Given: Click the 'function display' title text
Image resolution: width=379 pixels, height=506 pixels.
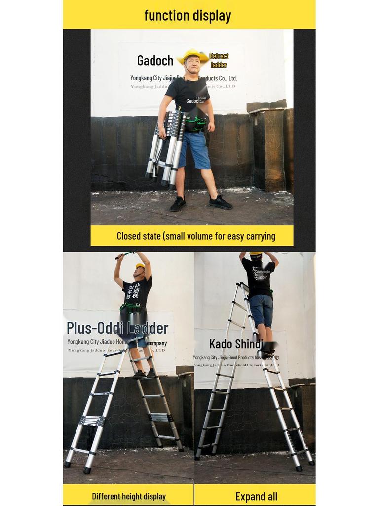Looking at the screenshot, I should point(188,15).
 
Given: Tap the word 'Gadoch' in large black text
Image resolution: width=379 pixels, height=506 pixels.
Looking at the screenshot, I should point(155,61).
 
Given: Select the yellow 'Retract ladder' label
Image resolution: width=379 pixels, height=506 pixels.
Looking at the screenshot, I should point(219,60).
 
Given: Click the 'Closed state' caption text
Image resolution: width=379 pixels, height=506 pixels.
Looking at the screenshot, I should point(196,236).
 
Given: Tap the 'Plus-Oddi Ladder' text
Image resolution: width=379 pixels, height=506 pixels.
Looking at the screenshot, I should point(117,328).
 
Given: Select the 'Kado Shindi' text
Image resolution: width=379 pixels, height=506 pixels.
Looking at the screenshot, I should point(235,344).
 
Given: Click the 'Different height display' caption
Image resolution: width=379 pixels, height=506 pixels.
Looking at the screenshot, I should point(129,496).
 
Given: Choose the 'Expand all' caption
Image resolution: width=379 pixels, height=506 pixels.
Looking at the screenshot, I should point(256,496).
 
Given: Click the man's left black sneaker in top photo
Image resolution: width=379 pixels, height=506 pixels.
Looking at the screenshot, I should point(220,202).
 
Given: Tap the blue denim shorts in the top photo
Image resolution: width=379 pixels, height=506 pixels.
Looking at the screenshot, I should point(194,149).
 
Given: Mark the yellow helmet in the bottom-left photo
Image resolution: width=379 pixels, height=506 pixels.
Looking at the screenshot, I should point(141,266).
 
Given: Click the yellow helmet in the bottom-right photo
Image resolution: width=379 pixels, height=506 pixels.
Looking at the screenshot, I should point(256,253).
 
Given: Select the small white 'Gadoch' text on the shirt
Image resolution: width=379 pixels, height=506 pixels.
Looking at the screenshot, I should point(193,101).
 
